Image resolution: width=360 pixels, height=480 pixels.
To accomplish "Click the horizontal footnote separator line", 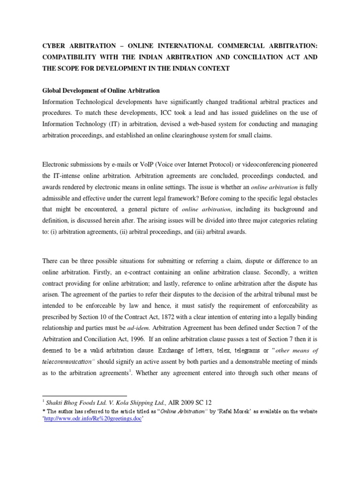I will [84, 395].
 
